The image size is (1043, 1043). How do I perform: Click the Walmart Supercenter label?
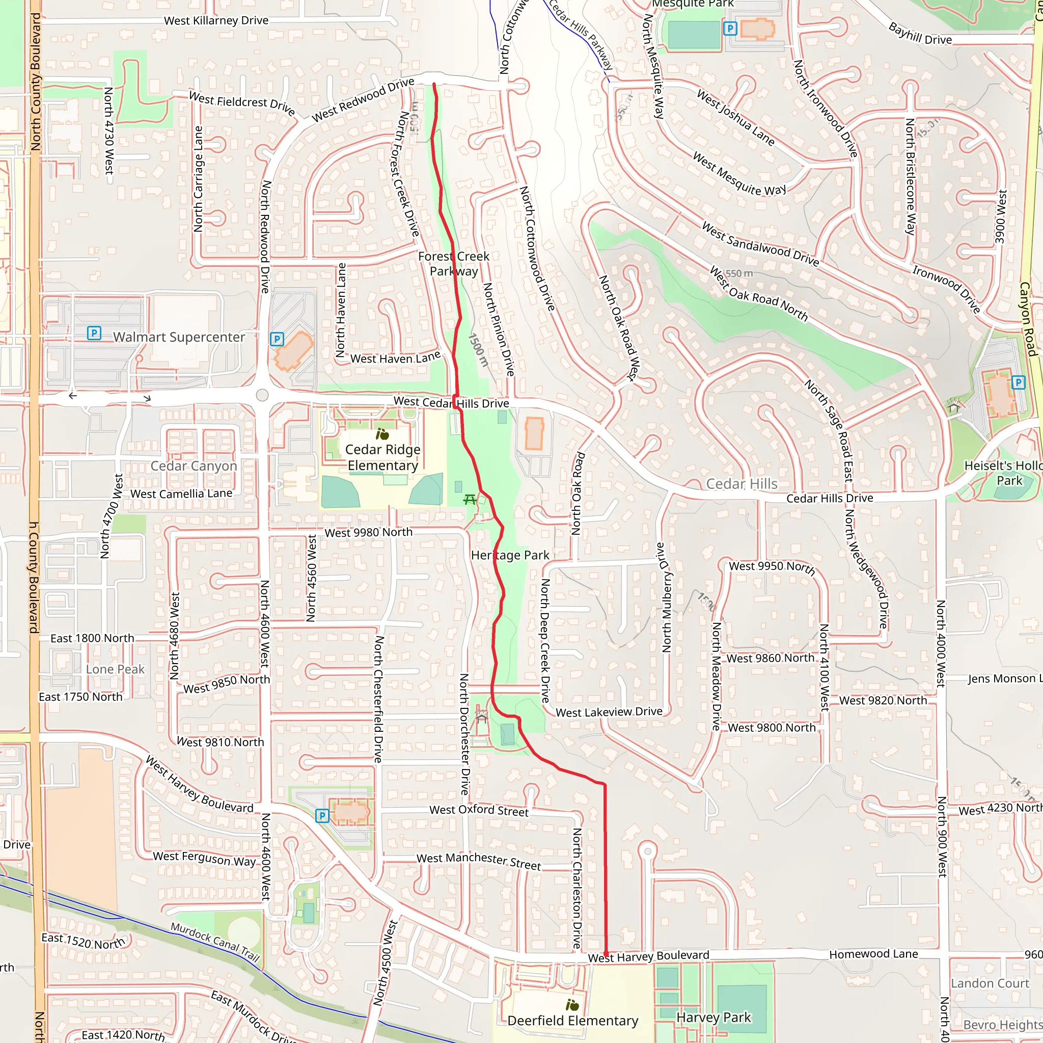coord(179,337)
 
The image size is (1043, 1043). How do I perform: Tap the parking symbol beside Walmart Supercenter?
coord(94,333)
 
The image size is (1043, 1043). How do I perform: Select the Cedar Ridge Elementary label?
coord(383,457)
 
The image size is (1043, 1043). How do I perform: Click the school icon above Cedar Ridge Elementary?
coord(382,434)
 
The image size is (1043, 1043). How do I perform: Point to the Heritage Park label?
coord(510,555)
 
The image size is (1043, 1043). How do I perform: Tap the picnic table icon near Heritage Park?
coord(470,500)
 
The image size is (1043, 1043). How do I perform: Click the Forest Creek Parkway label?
coord(454,263)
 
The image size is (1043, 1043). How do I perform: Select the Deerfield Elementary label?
coord(573,1020)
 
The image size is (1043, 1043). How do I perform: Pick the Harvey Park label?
coord(713,1018)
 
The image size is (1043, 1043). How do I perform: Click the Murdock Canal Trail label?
coord(215,942)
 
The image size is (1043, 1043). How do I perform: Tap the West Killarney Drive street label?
coord(216,20)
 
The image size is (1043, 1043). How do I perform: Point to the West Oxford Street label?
coord(479,810)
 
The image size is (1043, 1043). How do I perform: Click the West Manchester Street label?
coord(478,861)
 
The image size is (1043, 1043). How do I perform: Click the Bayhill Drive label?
coord(920,34)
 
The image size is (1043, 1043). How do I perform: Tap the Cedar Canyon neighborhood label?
coord(194,466)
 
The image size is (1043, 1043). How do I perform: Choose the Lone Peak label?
coord(115,669)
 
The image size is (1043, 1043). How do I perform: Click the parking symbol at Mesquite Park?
coord(730,28)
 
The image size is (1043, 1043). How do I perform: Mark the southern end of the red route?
coord(606,954)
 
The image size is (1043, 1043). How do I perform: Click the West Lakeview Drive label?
coord(609,712)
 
